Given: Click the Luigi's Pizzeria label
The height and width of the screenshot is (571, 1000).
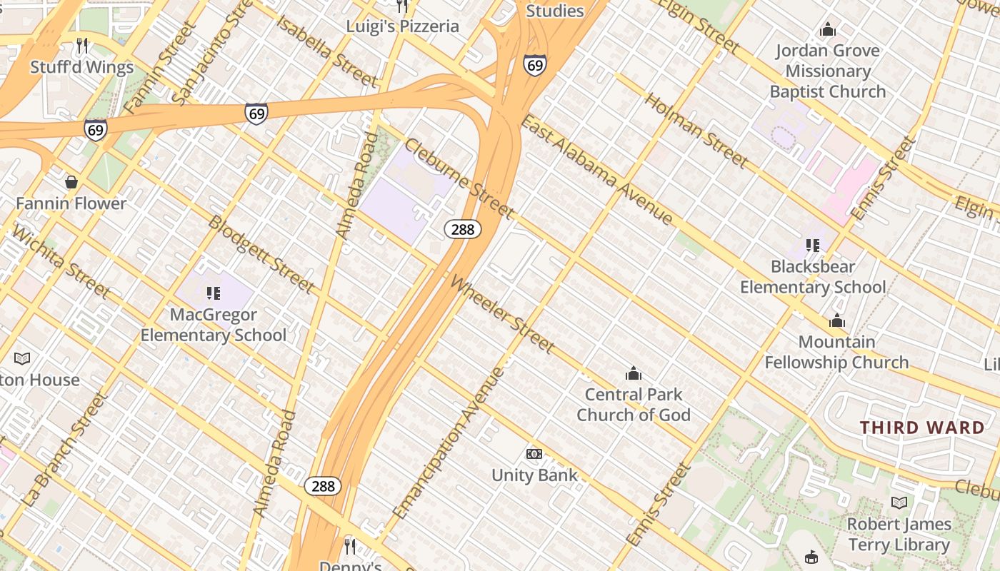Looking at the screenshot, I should [403, 26].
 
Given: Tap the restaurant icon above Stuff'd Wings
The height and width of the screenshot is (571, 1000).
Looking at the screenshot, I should [82, 46].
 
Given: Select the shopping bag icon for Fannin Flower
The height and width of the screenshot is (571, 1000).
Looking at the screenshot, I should [71, 182].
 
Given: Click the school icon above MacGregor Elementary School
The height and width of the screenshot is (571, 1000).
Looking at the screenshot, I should [213, 293].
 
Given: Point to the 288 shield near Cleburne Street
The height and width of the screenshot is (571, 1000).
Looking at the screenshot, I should [463, 229].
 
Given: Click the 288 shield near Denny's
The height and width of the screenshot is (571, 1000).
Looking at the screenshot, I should [323, 486].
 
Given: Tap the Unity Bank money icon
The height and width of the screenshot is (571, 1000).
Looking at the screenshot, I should [534, 454].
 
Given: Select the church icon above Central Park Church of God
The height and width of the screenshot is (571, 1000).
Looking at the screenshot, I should [633, 373].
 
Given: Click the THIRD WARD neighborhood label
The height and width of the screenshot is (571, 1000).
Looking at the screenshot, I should [922, 428].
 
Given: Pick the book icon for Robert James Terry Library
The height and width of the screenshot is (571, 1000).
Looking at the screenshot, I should [899, 502].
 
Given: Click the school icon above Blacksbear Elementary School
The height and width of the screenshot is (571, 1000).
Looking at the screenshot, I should [813, 246].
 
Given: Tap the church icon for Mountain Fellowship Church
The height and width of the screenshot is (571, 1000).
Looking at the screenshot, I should [837, 321].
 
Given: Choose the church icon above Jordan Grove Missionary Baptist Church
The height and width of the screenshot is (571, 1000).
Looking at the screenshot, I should [828, 30].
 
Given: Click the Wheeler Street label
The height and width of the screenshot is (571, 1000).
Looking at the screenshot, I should [502, 314].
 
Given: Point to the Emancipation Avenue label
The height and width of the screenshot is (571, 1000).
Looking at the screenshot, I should [449, 443].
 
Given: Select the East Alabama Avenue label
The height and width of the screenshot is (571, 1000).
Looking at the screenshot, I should [596, 171].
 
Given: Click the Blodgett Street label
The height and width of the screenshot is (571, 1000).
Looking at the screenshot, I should [261, 253].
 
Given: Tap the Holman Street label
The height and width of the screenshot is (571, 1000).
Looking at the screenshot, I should [697, 131].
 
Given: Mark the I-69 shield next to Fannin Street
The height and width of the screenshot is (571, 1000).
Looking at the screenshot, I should [96, 129].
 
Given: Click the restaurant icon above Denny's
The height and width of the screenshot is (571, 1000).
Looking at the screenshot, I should [350, 546].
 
